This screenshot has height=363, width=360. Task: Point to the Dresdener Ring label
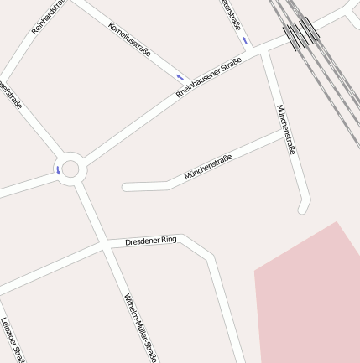[151, 241]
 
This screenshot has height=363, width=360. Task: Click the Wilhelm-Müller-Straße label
[140, 328]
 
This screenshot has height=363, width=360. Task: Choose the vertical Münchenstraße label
[286, 130]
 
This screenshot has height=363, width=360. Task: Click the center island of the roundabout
[70, 169]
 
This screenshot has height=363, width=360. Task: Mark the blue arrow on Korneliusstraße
[180, 76]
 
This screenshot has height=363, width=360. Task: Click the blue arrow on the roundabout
[58, 170]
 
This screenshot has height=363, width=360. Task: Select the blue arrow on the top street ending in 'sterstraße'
[244, 39]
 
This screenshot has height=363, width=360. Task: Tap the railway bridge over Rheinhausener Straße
[300, 34]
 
